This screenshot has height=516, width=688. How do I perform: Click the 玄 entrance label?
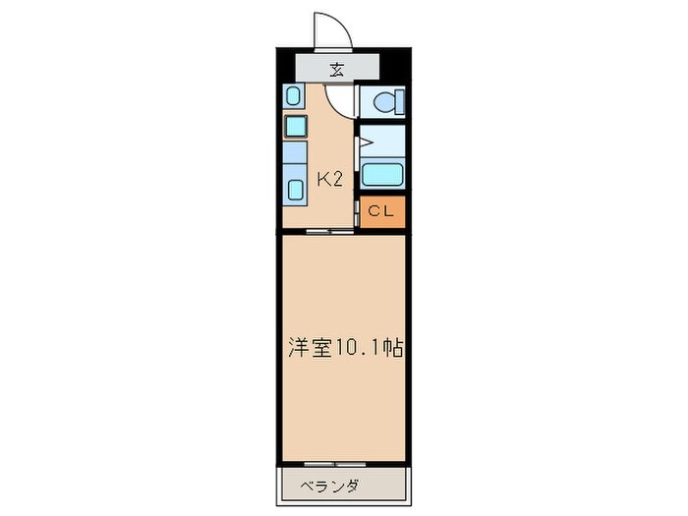(x=337, y=69)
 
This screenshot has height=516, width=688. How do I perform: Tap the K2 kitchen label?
(x=329, y=179)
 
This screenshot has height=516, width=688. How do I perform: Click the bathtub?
(x=382, y=175)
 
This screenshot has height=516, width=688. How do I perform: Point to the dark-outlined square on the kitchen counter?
(x=296, y=126)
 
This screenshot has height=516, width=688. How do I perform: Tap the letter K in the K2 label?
(x=322, y=179)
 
